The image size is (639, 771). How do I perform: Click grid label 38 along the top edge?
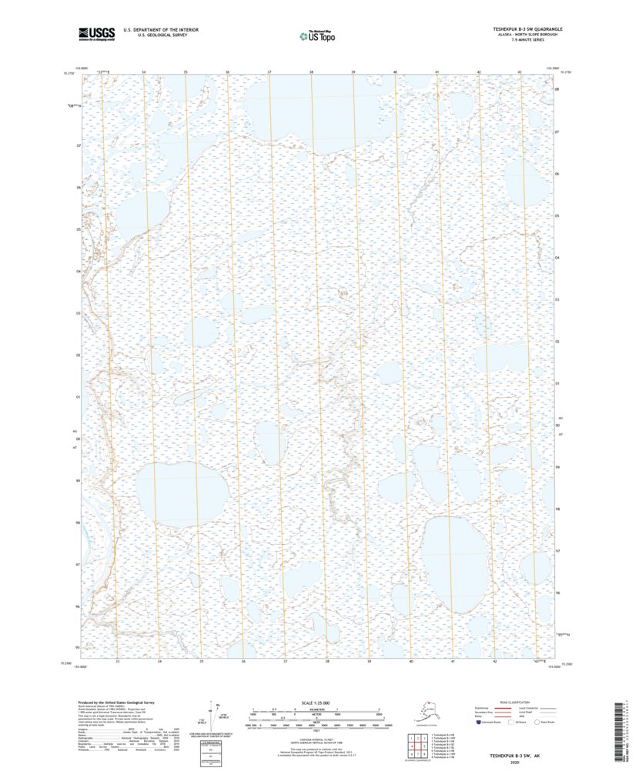(311, 72)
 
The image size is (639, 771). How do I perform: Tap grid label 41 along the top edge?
(437, 72)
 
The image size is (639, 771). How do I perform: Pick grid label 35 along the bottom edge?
(201, 661)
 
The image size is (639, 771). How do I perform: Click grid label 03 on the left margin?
(78, 314)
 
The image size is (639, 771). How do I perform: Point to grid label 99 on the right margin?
(557, 467)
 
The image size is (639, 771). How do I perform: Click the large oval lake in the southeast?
(453, 564)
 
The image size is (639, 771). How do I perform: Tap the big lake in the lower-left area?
(182, 493)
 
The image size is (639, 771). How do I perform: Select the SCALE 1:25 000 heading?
(316, 703)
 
